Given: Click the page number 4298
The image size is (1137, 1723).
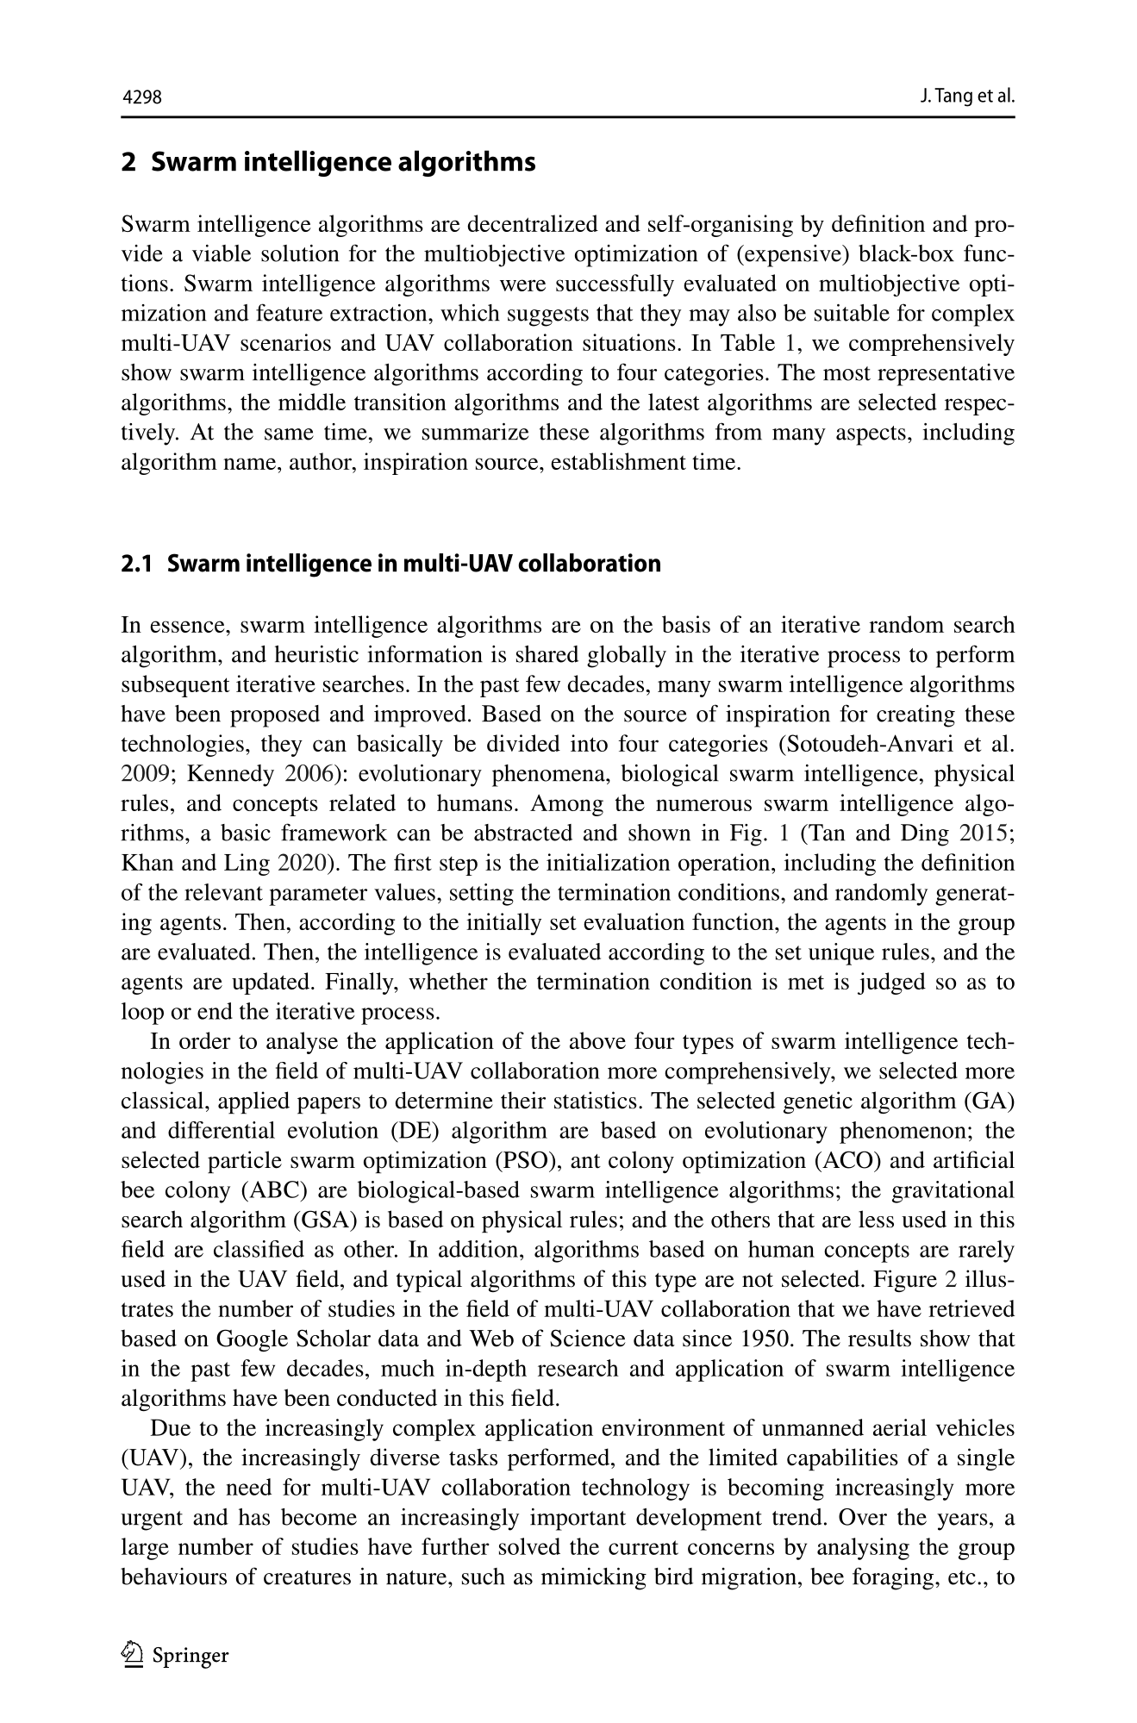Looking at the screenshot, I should (x=142, y=97).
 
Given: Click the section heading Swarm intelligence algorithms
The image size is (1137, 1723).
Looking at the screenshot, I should (x=343, y=162).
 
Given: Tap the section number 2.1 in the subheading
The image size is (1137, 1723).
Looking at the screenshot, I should (x=136, y=564).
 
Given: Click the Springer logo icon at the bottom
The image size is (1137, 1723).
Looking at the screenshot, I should (x=133, y=1654).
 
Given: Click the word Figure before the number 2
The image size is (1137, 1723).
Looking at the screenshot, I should (x=919, y=1279).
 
